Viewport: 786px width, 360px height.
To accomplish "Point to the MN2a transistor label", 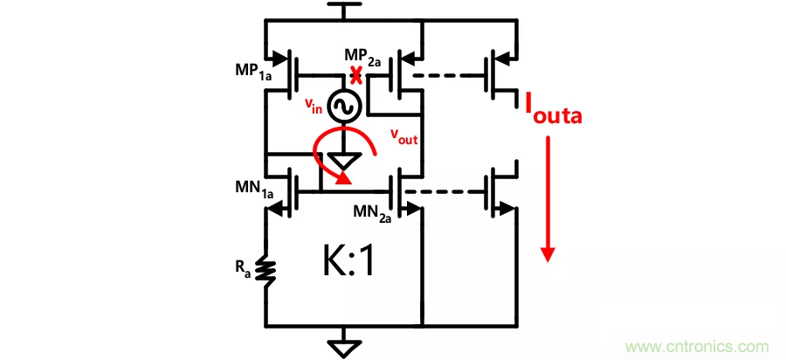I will click(x=370, y=213).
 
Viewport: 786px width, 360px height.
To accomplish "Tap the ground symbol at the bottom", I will click(x=344, y=347).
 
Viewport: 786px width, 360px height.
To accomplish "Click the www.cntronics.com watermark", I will click(x=700, y=344).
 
